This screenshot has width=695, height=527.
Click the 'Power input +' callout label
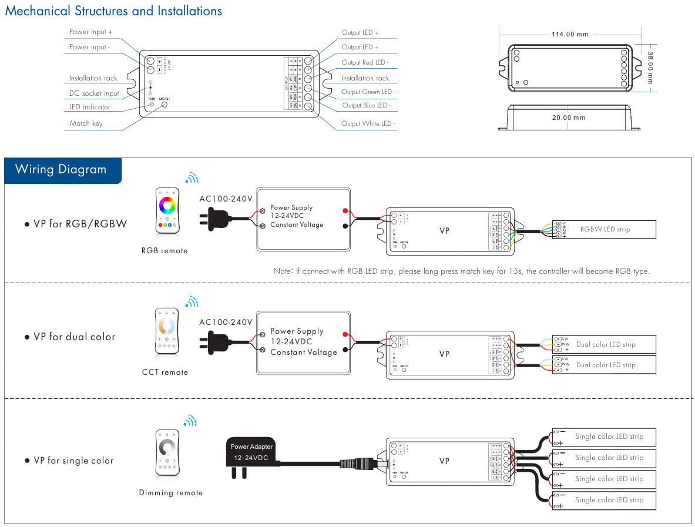(91, 32)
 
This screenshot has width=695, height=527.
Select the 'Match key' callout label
(86, 123)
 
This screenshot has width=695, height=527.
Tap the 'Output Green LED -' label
(367, 92)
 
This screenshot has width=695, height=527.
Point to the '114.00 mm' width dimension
(569, 34)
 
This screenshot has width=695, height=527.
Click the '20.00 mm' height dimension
(568, 118)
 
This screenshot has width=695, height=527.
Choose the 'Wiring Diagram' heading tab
(61, 170)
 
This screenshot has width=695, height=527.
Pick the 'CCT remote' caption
(165, 372)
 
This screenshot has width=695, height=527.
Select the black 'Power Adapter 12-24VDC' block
(251, 452)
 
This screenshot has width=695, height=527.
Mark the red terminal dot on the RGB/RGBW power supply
(344, 210)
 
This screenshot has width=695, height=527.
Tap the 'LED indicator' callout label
(89, 107)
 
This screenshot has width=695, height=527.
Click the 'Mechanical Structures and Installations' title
(113, 11)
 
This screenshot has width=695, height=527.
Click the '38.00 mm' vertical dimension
(650, 68)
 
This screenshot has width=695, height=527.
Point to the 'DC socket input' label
(94, 93)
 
